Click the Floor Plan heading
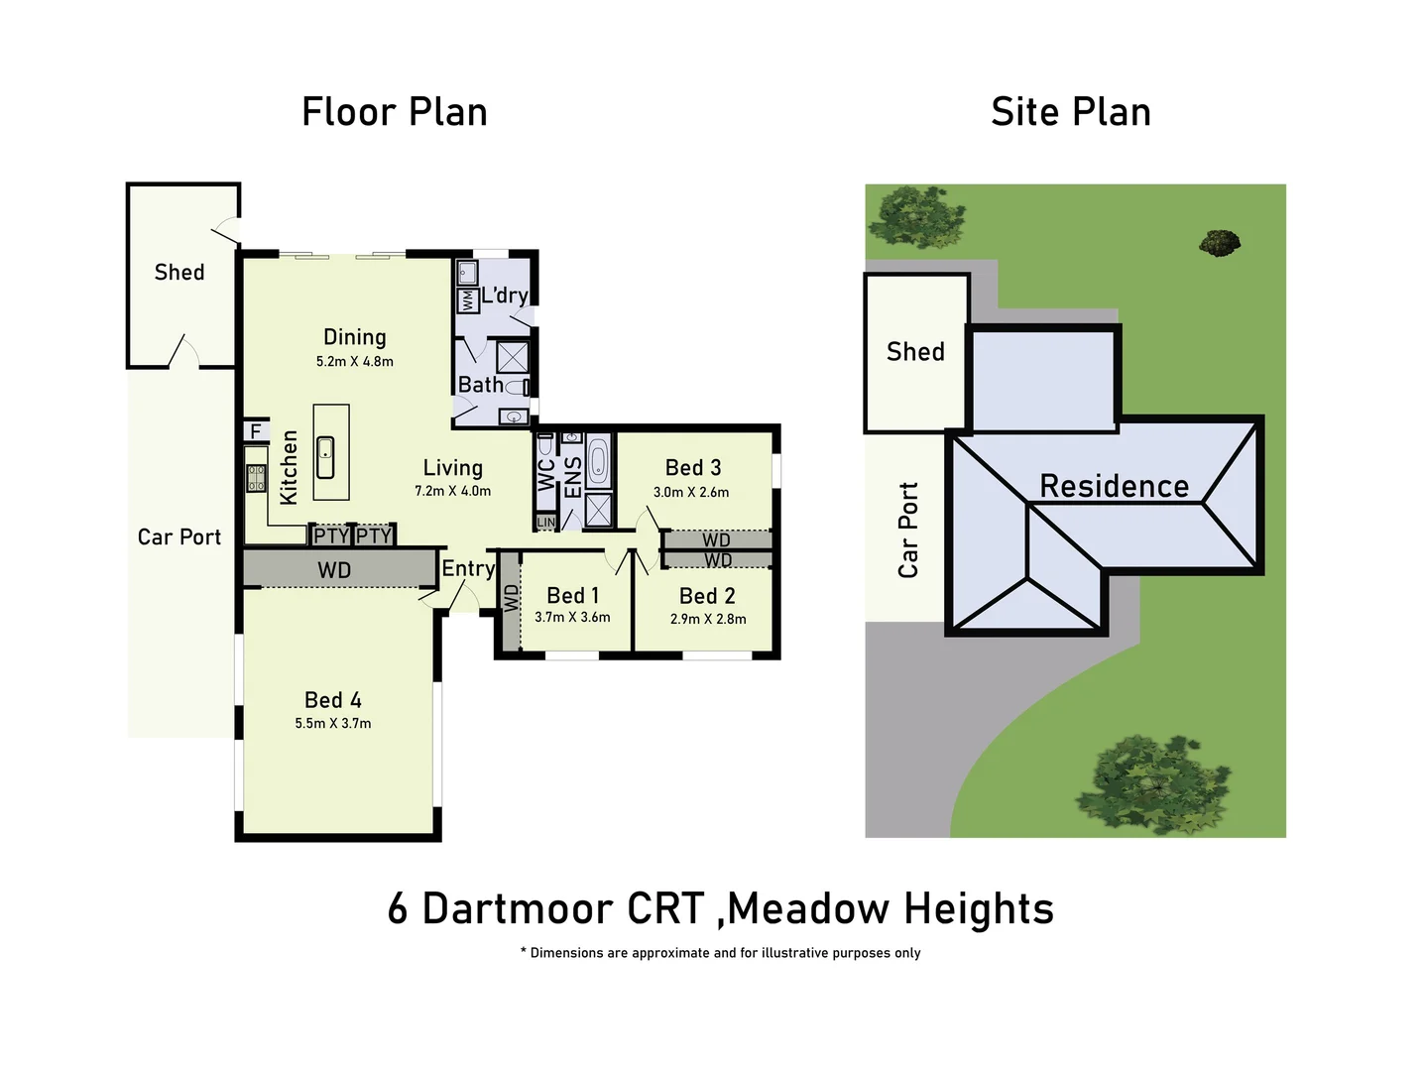click(394, 112)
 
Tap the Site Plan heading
click(1070, 112)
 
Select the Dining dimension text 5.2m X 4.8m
click(354, 362)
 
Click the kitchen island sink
click(325, 458)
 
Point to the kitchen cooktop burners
click(256, 478)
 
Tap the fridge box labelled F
click(256, 431)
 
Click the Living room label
click(452, 468)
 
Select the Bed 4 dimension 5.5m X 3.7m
click(332, 724)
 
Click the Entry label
click(467, 568)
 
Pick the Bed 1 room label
click(572, 595)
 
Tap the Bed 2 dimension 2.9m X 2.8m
click(707, 619)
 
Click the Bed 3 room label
click(692, 467)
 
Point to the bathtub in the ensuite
click(597, 462)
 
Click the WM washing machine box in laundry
click(466, 299)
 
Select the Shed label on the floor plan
click(179, 272)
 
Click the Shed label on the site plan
click(914, 352)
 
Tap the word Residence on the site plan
click(1114, 486)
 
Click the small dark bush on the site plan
click(1219, 242)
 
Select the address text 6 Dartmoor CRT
click(545, 908)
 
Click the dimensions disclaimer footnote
click(721, 953)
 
